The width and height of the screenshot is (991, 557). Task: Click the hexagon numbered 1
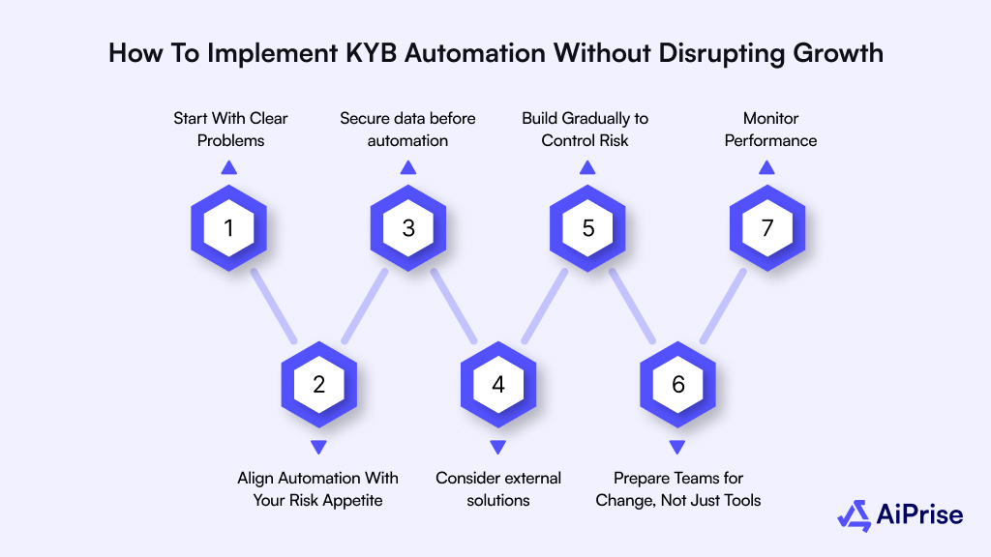click(228, 228)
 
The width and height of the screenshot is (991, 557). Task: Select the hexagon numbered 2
click(318, 384)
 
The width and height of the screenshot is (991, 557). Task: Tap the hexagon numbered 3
click(408, 228)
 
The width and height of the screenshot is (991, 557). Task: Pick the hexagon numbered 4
click(498, 384)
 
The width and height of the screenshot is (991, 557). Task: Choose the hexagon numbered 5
click(587, 228)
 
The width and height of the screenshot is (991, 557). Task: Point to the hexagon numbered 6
click(677, 384)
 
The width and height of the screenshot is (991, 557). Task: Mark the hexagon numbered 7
click(766, 228)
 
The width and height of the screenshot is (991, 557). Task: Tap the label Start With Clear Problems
click(230, 130)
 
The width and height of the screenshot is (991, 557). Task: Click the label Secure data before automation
click(407, 130)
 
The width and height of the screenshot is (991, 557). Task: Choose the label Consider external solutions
click(498, 488)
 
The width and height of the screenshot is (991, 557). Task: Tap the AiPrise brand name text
click(919, 515)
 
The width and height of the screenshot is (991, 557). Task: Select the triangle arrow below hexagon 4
click(498, 447)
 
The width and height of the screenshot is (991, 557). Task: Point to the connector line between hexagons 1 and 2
click(274, 306)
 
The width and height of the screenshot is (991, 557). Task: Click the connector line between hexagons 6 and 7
click(723, 306)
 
